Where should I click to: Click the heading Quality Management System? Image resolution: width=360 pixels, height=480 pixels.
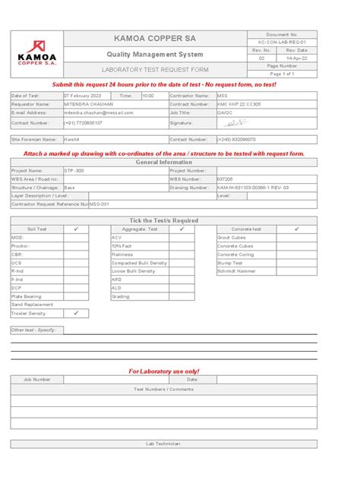[x=157, y=54]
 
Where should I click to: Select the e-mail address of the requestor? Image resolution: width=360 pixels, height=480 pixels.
[x=98, y=112]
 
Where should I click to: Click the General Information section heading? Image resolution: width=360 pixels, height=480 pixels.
[x=164, y=163]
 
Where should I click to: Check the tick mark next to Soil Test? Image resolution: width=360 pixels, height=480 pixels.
[x=76, y=229]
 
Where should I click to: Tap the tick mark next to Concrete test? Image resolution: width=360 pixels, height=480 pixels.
[x=296, y=229]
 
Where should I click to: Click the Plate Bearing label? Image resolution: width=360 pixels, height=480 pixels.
[x=26, y=296]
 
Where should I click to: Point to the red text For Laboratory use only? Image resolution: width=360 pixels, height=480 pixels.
[x=165, y=371]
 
